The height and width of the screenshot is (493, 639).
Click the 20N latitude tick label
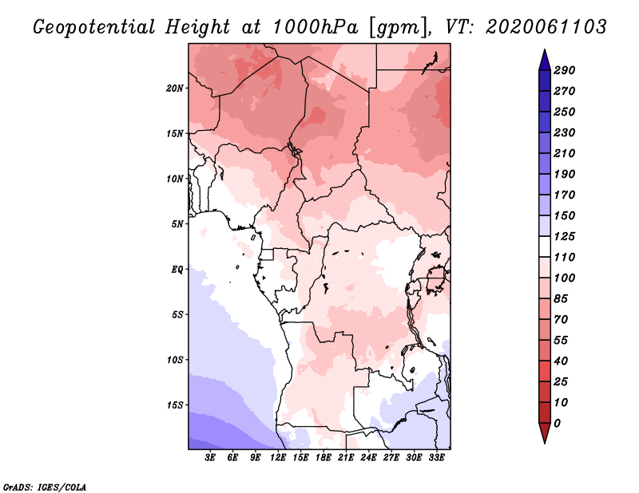point(176,88)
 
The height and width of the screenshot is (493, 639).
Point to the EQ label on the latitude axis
point(177,269)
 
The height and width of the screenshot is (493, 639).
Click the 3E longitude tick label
point(211,458)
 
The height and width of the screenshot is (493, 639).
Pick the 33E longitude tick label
point(436,458)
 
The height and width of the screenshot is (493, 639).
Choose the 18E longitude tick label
point(323,458)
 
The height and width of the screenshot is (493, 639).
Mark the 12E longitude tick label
point(278,458)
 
